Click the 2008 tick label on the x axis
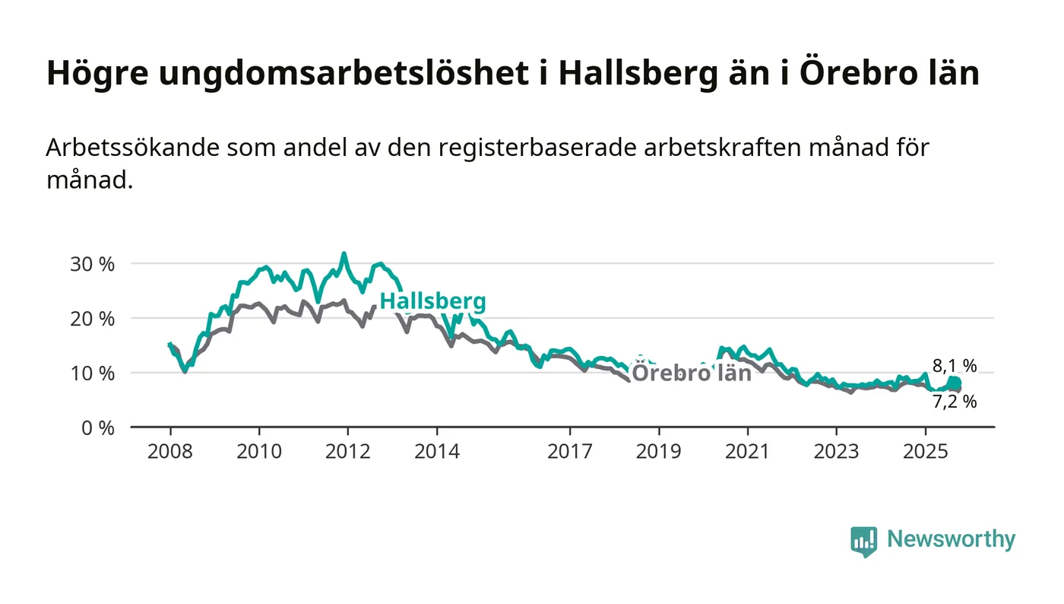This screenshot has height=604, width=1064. tap(170, 452)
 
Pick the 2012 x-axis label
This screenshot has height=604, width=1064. tap(347, 452)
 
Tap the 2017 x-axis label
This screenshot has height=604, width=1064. tap(569, 452)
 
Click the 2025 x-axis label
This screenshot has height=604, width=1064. tap(924, 452)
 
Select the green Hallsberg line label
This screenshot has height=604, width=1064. tap(432, 301)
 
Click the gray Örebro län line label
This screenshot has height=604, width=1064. tap(692, 373)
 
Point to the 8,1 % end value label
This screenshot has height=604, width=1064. tap(955, 366)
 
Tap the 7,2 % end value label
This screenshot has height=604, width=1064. tap(955, 402)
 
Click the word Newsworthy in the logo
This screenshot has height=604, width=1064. tap(951, 539)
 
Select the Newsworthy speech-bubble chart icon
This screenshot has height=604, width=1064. tap(863, 542)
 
